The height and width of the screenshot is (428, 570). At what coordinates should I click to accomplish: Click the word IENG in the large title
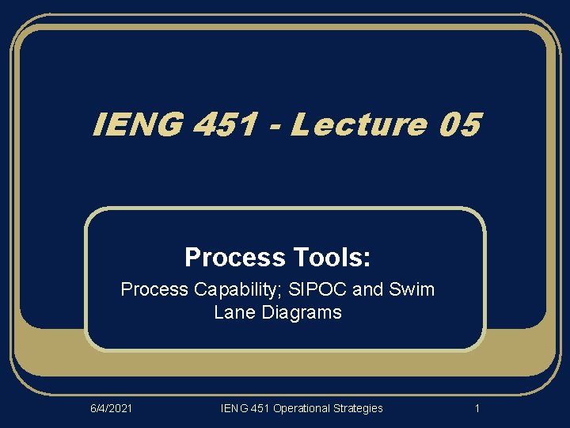[135, 124]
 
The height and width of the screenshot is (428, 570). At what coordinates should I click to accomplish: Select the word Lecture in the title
[358, 124]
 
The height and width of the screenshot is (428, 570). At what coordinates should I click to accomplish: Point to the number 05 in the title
[457, 124]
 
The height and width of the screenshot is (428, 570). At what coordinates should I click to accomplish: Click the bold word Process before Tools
[234, 258]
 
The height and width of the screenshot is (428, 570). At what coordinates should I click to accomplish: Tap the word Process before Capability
[153, 289]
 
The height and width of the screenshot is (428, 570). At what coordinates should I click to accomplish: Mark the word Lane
[232, 312]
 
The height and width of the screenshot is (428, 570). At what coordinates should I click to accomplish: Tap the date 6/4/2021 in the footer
[110, 408]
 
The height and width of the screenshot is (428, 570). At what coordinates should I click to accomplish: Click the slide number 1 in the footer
[477, 408]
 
